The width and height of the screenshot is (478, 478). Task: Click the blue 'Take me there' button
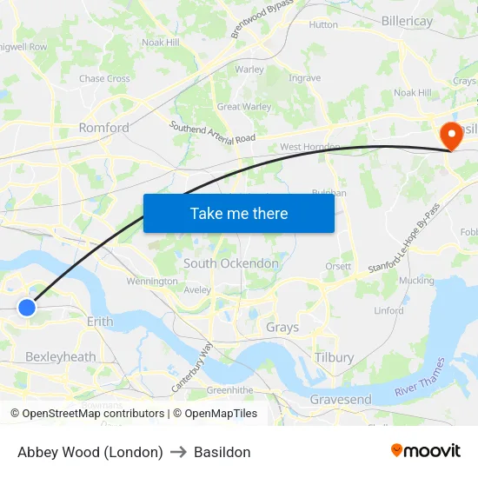pyautogui.click(x=239, y=213)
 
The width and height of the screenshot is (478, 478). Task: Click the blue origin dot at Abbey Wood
pyautogui.click(x=27, y=307)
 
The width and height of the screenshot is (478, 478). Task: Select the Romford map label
pyautogui.click(x=103, y=128)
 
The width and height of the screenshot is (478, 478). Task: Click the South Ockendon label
pyautogui.click(x=231, y=263)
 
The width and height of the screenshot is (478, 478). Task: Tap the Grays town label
pyautogui.click(x=282, y=328)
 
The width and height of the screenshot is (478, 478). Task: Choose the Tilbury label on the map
pyautogui.click(x=335, y=357)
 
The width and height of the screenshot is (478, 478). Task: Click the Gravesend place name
pyautogui.click(x=341, y=400)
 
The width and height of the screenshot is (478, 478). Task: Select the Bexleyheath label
pyautogui.click(x=60, y=356)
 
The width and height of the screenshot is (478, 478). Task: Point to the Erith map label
pyautogui.click(x=100, y=322)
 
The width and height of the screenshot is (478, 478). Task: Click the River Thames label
pyautogui.click(x=419, y=379)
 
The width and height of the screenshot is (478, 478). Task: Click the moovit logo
pyautogui.click(x=425, y=451)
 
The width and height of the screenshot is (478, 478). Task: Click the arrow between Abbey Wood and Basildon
pyautogui.click(x=178, y=452)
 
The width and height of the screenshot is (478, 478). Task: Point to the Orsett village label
pyautogui.click(x=339, y=266)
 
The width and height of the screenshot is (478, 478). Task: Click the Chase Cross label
pyautogui.click(x=104, y=78)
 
